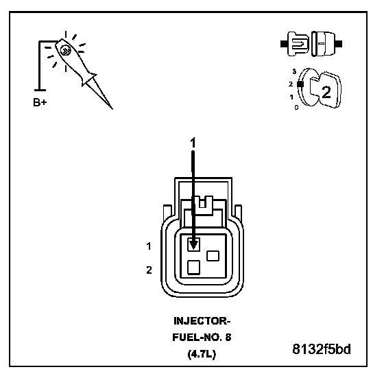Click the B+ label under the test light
pos(40,102)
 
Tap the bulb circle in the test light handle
pos(66,51)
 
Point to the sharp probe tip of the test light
pos(112,108)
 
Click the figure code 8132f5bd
pos(322,349)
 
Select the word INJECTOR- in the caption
pos(202,321)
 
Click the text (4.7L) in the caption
pos(202,354)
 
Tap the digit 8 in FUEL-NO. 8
pos(228,338)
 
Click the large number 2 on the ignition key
pos(326,92)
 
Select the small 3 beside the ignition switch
pos(294,71)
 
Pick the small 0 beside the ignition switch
pos(296,107)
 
